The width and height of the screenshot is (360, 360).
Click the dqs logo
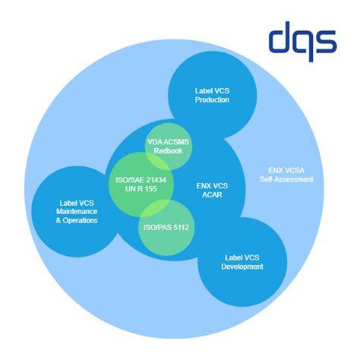pyautogui.click(x=303, y=42)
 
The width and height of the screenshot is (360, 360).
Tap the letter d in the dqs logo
pyautogui.click(x=280, y=37)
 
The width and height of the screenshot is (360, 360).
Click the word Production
pyautogui.click(x=212, y=99)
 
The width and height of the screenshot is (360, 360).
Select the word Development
pyautogui.click(x=242, y=267)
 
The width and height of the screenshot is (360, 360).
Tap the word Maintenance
pyautogui.click(x=77, y=211)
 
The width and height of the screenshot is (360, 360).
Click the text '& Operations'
pyautogui.click(x=77, y=220)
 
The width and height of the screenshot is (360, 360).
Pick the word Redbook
pyautogui.click(x=168, y=151)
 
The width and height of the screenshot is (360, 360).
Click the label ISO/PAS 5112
pyautogui.click(x=166, y=227)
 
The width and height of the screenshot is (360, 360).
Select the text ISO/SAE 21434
pyautogui.click(x=141, y=180)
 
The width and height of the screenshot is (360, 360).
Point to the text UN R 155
pyautogui.click(x=141, y=189)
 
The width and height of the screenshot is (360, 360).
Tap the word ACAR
pyautogui.click(x=212, y=194)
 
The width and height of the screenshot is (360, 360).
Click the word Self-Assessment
pyautogui.click(x=286, y=179)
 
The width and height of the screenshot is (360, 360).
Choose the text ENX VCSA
pyautogui.click(x=286, y=170)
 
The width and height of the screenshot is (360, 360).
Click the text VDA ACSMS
pyautogui.click(x=168, y=142)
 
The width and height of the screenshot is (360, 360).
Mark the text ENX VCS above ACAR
pyautogui.click(x=212, y=186)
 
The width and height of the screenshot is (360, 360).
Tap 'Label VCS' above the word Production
pyautogui.click(x=212, y=91)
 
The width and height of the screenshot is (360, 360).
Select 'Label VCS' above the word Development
pyautogui.click(x=242, y=257)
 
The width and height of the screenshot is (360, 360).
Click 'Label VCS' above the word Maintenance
pyautogui.click(x=77, y=203)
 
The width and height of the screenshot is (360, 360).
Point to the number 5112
pyautogui.click(x=181, y=227)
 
